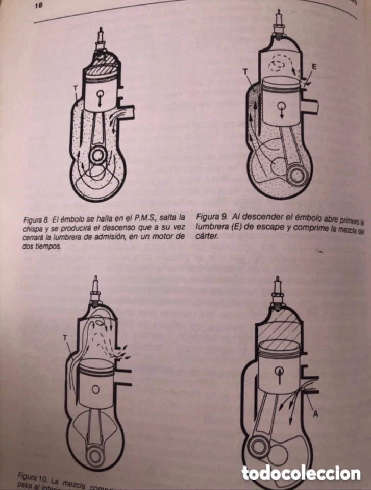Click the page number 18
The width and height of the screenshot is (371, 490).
tap(38, 6)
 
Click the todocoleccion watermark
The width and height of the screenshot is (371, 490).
tap(301, 473)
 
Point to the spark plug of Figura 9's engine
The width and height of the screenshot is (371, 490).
tap(279, 23)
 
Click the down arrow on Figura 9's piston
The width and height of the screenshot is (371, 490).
tap(279, 109)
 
